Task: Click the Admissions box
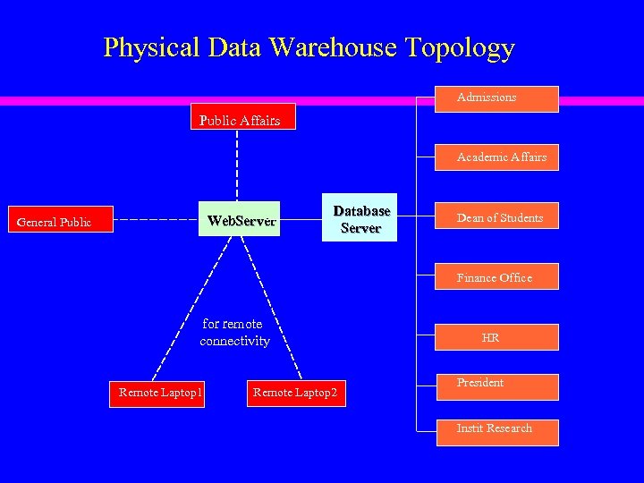tap(496, 98)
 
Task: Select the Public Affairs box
tap(241, 119)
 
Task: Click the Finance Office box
tap(496, 277)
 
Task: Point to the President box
tap(496, 386)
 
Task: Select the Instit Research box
tap(496, 431)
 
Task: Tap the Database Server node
tap(361, 219)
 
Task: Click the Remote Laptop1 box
tap(158, 393)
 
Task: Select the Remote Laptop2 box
tap(296, 393)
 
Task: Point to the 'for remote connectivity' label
tap(234, 333)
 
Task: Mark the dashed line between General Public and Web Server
tap(157, 219)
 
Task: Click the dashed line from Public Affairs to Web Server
tap(237, 165)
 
